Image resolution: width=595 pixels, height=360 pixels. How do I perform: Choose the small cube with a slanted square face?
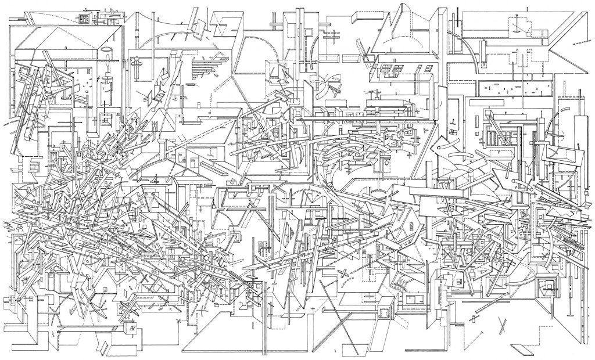point(132,329)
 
